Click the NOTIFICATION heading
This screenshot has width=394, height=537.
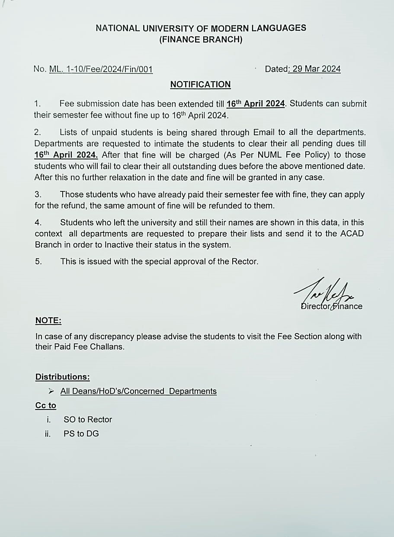click(x=200, y=85)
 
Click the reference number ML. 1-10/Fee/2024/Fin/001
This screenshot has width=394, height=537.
click(x=101, y=69)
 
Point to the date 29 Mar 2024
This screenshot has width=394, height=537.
click(x=316, y=69)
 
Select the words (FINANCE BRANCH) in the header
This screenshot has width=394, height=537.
click(x=201, y=40)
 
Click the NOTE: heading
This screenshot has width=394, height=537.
click(x=48, y=321)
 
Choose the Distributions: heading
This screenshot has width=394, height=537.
click(x=62, y=377)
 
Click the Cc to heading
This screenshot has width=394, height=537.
click(x=46, y=406)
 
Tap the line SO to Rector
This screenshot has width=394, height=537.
click(x=87, y=419)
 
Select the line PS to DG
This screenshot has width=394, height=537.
click(x=81, y=434)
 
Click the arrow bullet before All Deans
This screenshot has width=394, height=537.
click(x=51, y=391)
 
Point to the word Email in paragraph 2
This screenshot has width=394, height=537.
click(x=263, y=132)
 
